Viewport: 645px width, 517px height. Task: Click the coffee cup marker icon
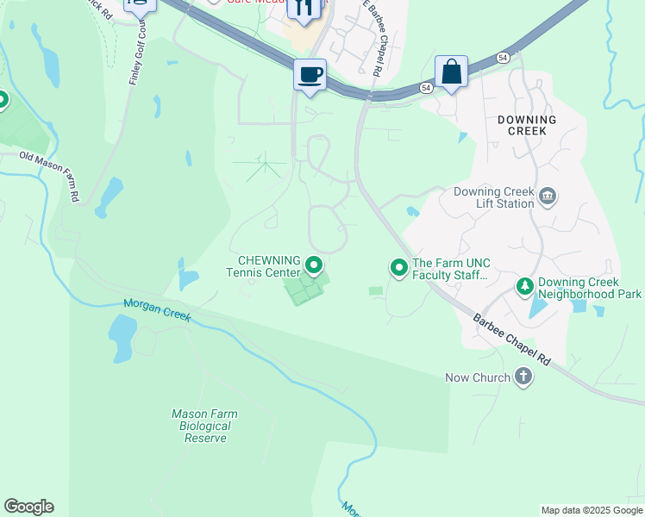[x=310, y=74]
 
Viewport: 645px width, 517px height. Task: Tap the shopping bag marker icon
[x=451, y=72]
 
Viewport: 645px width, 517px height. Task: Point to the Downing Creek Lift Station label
[x=483, y=198]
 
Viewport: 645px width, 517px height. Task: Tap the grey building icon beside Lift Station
[x=547, y=198]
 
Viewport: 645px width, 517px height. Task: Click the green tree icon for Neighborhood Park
[x=523, y=288]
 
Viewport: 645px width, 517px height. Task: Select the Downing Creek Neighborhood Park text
[x=590, y=288]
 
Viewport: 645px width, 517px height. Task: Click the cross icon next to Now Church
[x=523, y=377]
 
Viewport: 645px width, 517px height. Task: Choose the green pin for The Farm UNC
[x=399, y=269]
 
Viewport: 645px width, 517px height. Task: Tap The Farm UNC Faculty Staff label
[x=450, y=270]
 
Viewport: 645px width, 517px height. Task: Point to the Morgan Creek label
[x=156, y=308]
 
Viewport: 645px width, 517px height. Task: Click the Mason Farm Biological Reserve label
[x=205, y=426]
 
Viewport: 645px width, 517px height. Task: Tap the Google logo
[x=29, y=507]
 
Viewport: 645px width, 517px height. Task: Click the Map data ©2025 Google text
[x=591, y=510]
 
